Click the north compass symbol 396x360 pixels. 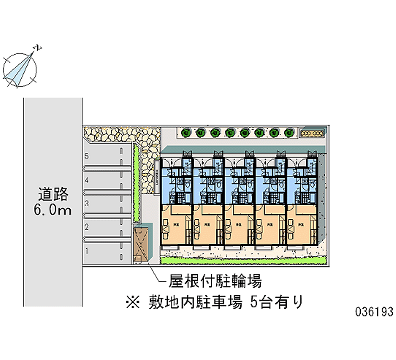coord(20,67)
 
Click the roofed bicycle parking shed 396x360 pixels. coord(141,245)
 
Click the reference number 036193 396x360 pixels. coord(374,312)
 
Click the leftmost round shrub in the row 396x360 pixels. coord(186,133)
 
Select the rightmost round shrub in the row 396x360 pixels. coord(289,133)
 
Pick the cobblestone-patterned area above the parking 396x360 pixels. coord(121,134)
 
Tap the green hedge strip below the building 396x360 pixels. coord(243,259)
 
